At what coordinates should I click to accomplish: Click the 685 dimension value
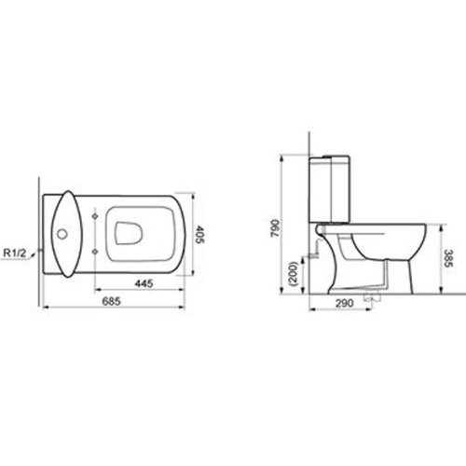coord(112,301)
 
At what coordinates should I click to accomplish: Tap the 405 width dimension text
coord(199,234)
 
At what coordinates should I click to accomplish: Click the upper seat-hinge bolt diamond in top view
coord(97,215)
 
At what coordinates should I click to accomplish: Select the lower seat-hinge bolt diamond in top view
coord(97,253)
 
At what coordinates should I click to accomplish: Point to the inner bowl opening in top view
coord(129,233)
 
